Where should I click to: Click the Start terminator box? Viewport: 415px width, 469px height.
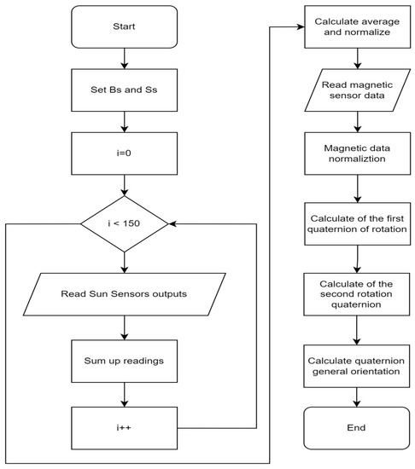tap(125, 26)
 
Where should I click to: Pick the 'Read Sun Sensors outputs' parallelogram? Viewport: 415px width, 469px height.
tap(125, 295)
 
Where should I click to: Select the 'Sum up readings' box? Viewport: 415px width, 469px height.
tap(125, 361)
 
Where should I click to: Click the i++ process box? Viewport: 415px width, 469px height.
tap(125, 421)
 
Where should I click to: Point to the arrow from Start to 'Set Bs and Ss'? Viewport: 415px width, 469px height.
tap(125, 60)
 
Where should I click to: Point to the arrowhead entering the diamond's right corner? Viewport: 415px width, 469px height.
tap(174, 225)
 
